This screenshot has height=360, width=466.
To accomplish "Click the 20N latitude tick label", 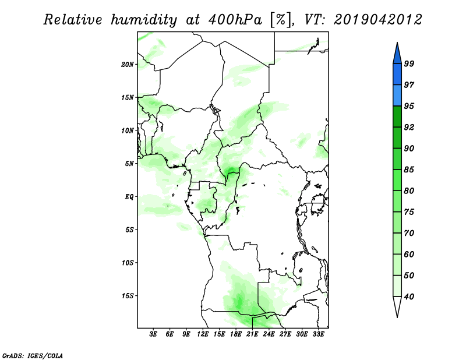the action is [128, 65].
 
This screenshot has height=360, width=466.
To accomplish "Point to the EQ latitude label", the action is [129, 197].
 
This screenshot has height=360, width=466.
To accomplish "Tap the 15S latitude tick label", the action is [128, 296].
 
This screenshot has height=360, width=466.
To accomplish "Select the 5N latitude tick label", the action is [129, 164].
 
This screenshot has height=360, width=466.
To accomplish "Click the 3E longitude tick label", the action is [153, 334].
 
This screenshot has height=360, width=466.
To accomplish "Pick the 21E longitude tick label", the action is [252, 334].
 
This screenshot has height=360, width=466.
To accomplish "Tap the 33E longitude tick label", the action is [318, 334].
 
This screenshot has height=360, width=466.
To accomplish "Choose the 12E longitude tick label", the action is [202, 334].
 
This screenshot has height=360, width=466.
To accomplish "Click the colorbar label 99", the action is [409, 63].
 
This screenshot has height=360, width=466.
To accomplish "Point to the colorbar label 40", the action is [409, 297].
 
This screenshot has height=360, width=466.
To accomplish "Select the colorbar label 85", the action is [409, 170].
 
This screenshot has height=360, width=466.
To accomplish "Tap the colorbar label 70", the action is [409, 233].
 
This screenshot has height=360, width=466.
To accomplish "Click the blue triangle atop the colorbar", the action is [397, 55].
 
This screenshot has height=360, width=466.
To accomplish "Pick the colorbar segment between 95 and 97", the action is [397, 96].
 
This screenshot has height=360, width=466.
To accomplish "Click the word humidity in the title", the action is [144, 20].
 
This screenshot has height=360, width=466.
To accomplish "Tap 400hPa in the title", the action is [235, 20].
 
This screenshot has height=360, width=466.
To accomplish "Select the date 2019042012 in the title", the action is [377, 20].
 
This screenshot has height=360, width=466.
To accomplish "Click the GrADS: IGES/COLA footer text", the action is [33, 355].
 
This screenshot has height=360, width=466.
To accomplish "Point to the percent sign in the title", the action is [280, 20].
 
